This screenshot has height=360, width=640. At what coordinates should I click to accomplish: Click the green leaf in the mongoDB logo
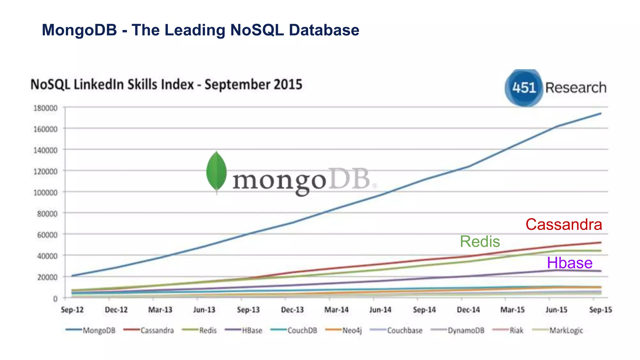pos(216,171)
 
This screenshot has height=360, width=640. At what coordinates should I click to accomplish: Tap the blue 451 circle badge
pos(524,88)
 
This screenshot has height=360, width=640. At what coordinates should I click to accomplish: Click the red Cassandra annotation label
pos(563,224)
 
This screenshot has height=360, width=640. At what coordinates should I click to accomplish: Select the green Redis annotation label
pos(480,242)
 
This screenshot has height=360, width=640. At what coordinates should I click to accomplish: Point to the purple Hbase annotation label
pos(569,263)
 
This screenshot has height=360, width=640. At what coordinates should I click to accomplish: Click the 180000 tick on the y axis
pos(46,108)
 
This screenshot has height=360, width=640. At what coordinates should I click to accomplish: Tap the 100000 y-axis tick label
pos(46,192)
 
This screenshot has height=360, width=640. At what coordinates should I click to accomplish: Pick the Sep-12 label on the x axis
pos(72,310)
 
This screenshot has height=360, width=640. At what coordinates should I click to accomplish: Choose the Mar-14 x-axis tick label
pos(336,310)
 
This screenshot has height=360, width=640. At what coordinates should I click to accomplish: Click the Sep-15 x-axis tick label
pos(600,310)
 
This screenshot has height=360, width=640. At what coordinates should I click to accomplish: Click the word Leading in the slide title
pos(195,30)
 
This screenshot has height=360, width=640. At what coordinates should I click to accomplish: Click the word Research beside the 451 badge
pos(576,88)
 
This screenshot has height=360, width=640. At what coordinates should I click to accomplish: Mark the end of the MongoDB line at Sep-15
pos(600,113)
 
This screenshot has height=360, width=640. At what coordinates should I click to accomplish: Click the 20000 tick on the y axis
pos(47,277)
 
